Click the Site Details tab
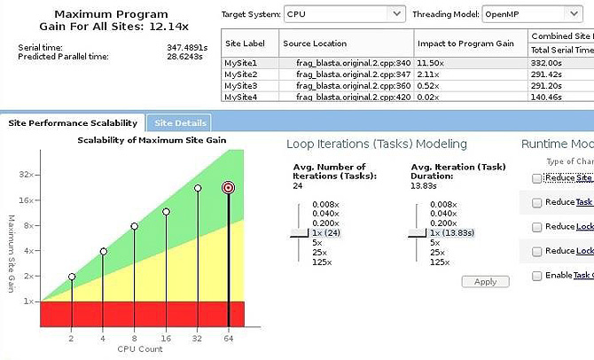point(180,123)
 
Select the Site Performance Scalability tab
point(73,123)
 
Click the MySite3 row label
point(241,85)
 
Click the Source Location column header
point(315,43)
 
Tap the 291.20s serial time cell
point(550,85)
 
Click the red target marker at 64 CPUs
point(229,187)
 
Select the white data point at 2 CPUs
point(72,277)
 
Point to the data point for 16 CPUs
point(166,212)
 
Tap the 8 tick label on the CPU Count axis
point(135,339)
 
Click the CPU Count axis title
point(135,349)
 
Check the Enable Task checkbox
point(536,277)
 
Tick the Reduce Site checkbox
point(536,178)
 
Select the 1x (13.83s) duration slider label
point(452,233)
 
